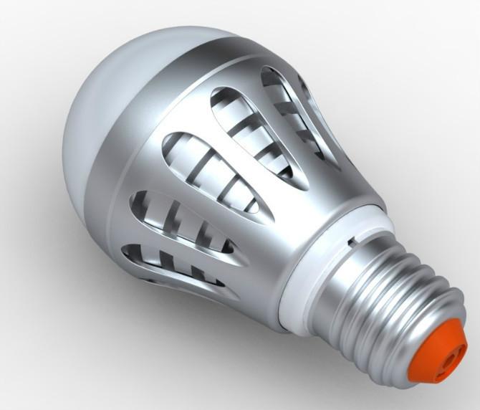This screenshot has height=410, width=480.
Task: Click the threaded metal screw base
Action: pos(387,301)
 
